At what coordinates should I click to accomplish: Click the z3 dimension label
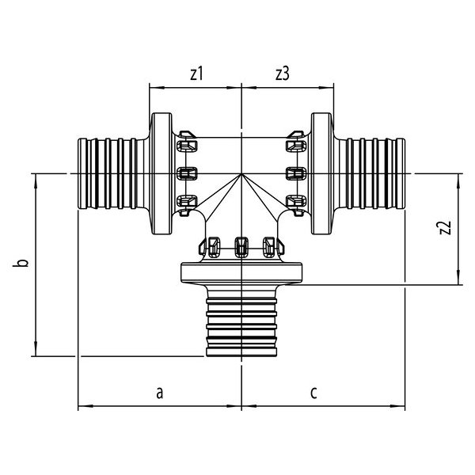(283, 74)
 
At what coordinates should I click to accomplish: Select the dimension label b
(24, 263)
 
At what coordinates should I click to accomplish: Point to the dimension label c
(314, 391)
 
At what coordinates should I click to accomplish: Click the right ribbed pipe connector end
(372, 173)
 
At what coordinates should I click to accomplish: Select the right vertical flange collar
(321, 173)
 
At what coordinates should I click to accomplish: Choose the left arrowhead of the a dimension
(82, 408)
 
